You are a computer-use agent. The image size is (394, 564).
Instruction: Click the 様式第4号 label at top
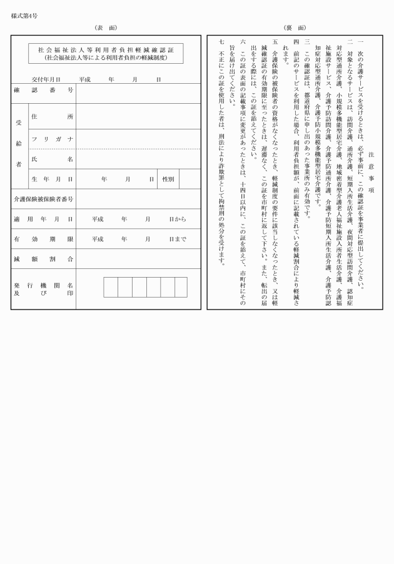(x=23, y=16)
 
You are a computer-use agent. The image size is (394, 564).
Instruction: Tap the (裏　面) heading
(x=294, y=28)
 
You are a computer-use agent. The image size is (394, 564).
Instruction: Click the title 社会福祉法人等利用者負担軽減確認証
(x=105, y=49)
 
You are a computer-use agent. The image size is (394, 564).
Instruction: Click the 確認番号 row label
(x=43, y=90)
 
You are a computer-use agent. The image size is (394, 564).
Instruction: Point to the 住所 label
(x=53, y=117)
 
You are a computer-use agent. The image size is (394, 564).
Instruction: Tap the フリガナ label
(x=53, y=138)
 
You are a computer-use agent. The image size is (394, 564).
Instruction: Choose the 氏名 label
(x=53, y=159)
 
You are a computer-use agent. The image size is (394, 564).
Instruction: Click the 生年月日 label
(x=53, y=179)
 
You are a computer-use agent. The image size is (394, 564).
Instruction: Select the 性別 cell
(x=168, y=179)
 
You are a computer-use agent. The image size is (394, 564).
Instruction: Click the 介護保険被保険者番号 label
(x=43, y=199)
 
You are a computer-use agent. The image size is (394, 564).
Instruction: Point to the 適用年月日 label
(x=43, y=219)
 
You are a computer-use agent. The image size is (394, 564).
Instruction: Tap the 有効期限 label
(x=43, y=239)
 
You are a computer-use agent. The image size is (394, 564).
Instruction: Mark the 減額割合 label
(x=43, y=259)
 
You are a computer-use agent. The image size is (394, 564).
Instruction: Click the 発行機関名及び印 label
(x=43, y=289)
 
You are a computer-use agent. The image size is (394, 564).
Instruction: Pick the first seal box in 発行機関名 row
(x=111, y=287)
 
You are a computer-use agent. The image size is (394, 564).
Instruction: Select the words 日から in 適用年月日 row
(x=178, y=219)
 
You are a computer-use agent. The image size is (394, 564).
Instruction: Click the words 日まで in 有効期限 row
(x=178, y=239)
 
